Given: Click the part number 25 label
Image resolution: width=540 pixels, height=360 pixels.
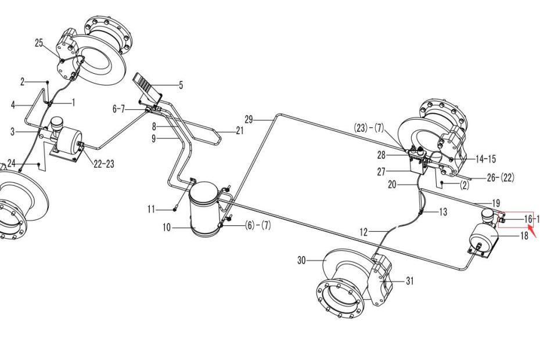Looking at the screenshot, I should [39, 43].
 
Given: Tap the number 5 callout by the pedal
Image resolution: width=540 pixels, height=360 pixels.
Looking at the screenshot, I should [181, 85].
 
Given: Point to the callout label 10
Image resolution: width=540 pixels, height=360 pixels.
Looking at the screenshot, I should [167, 228].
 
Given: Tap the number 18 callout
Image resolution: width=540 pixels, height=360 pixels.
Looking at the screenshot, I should [524, 235].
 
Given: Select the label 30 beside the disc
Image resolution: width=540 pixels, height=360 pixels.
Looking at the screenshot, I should [301, 261].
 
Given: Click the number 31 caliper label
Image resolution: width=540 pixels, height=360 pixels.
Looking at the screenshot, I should [410, 281].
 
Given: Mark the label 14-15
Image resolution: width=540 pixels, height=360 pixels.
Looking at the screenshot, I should [485, 159].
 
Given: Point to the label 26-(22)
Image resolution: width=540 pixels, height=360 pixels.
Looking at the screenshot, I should [499, 177].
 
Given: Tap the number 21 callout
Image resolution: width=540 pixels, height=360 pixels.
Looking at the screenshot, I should [240, 131].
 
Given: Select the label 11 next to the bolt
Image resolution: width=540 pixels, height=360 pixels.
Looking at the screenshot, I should [151, 208].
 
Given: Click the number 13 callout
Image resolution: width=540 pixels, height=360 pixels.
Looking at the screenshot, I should [442, 212].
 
